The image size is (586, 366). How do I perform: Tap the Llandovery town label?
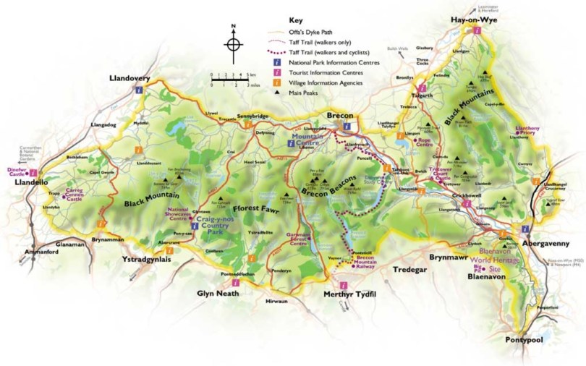pyautogui.click(x=132, y=77)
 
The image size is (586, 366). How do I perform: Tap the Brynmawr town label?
pyautogui.click(x=452, y=256)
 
